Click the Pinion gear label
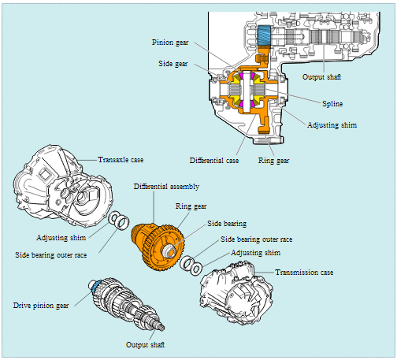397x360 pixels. [170, 43]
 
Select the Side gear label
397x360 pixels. [173, 64]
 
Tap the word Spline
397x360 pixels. [332, 104]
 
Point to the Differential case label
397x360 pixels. [214, 161]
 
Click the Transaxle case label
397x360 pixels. [121, 160]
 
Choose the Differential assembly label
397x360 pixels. [166, 187]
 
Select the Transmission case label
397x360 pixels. [304, 273]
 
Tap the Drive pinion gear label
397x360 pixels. [41, 306]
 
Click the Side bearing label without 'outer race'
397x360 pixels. [227, 224]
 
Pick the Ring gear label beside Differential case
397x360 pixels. [273, 161]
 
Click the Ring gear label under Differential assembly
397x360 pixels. [191, 206]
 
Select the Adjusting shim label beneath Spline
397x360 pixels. [332, 125]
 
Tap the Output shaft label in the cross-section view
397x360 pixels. [321, 77]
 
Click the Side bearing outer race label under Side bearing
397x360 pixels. [256, 239]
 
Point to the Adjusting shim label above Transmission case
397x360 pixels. [255, 253]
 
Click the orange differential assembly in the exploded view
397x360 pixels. [158, 247]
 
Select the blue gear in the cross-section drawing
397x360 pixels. [264, 35]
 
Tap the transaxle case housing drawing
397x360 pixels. [63, 186]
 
